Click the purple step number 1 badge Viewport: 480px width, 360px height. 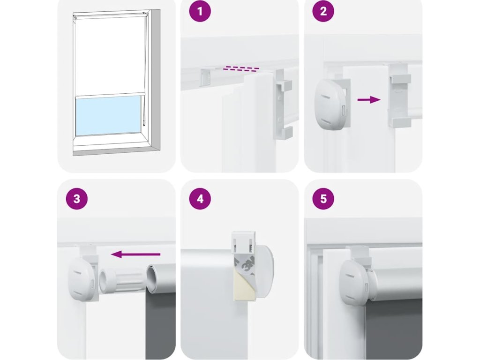(200, 11)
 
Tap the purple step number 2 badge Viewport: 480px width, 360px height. (323, 11)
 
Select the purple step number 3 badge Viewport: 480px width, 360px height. (76, 199)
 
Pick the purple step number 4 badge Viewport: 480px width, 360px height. (200, 199)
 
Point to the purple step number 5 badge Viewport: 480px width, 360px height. (323, 199)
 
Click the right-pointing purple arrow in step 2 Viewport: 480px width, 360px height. (369, 99)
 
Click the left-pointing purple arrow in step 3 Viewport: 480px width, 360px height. (135, 254)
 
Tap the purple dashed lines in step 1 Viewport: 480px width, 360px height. (241, 68)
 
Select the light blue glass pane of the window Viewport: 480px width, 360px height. (108, 115)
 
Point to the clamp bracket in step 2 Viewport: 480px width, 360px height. (399, 95)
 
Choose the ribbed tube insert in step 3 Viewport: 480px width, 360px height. (122, 280)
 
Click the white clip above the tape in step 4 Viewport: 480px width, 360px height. (244, 242)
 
